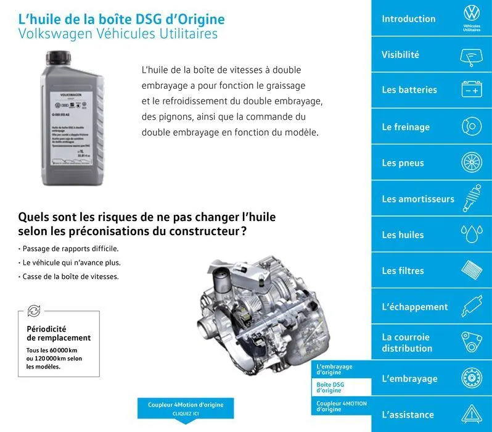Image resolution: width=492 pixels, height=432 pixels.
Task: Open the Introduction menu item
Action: pos(408,19)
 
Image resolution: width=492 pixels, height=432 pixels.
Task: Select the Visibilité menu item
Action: pos(400,54)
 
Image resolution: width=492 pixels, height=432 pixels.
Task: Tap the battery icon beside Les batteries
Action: pos(472,90)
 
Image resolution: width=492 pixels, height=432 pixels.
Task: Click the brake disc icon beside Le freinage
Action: pos(472,127)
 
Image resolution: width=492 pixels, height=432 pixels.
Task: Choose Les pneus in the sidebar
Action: pos(403,163)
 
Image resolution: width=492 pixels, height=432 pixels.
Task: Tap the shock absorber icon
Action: pos(472,198)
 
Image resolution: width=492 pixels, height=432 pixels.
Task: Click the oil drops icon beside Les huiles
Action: pos(472,235)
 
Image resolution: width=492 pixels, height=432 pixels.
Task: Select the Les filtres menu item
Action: pos(403,270)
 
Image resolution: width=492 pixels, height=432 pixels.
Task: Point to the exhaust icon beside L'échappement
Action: pos(472,306)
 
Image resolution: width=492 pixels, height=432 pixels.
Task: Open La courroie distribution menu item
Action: pos(407,343)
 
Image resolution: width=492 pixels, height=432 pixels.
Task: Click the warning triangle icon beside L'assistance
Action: pos(472,413)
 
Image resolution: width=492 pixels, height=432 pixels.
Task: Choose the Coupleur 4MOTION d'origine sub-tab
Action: pos(341,405)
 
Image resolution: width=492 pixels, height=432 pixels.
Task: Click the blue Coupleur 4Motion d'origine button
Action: pos(186,408)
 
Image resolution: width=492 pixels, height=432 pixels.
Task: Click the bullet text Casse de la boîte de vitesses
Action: pos(70,276)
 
